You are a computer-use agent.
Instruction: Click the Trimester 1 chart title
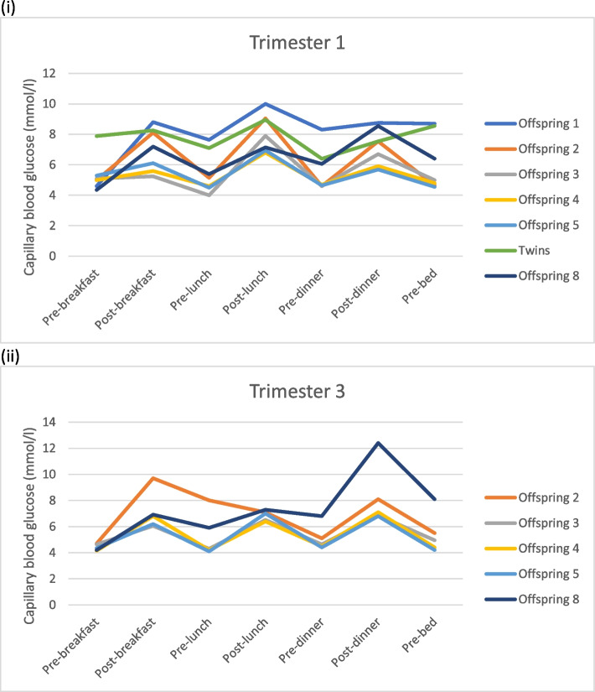tap(297, 43)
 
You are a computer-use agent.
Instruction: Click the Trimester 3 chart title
tap(297, 392)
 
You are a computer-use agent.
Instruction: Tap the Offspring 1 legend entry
tap(532, 123)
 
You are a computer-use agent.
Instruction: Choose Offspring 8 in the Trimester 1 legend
tap(532, 276)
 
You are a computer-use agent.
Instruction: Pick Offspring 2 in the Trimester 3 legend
tap(532, 497)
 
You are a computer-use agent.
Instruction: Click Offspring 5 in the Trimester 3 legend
tap(532, 575)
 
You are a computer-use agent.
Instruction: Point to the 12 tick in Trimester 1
tap(49, 73)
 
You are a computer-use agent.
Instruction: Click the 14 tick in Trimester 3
tap(49, 422)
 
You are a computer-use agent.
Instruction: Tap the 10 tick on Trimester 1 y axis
tap(49, 104)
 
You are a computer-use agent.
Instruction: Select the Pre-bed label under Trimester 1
tap(420, 286)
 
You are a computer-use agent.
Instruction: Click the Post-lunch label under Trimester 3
tap(246, 640)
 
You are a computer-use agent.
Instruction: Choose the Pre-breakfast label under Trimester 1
tap(71, 297)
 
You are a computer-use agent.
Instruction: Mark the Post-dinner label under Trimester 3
tap(355, 643)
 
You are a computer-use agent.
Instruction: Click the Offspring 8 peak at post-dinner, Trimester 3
tap(378, 443)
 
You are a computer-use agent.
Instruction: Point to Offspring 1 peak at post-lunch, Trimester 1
tap(265, 104)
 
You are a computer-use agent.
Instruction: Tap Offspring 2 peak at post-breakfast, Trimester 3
tap(153, 478)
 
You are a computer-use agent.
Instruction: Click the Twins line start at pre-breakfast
tap(96, 136)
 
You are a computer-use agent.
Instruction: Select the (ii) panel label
tap(10, 356)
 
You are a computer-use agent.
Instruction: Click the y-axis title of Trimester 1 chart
tap(29, 178)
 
